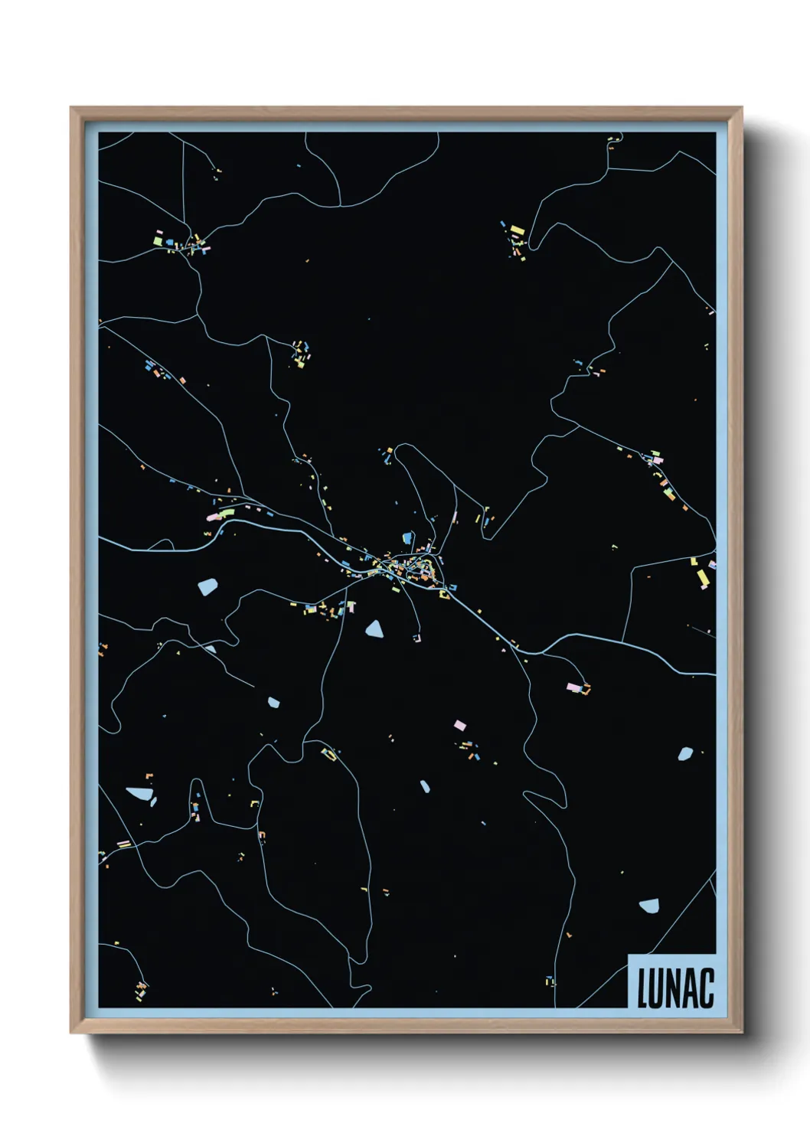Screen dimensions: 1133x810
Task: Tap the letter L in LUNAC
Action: pos(643,988)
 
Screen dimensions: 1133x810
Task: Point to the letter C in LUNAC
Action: pos(707,988)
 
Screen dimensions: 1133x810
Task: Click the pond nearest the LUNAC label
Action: pos(649,906)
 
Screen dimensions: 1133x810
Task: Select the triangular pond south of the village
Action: pos(374,629)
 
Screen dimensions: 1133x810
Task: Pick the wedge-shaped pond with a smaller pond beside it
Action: pos(139,793)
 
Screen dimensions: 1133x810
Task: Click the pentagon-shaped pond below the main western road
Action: pos(207,587)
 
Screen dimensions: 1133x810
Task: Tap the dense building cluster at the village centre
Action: pos(413,567)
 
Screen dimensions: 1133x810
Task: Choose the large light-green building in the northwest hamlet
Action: pos(158,240)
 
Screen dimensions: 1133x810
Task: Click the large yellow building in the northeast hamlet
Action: pos(518,230)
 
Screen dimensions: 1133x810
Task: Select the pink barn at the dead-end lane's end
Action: pos(573,687)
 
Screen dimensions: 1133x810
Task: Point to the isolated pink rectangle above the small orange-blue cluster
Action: pos(459,724)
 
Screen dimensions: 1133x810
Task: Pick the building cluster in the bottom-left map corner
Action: pos(141,990)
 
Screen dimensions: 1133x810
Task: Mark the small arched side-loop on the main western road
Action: pos(162,544)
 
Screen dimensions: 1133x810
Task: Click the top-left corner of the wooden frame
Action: pos(71,108)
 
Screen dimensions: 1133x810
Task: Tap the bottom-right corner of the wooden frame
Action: pos(741,1032)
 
